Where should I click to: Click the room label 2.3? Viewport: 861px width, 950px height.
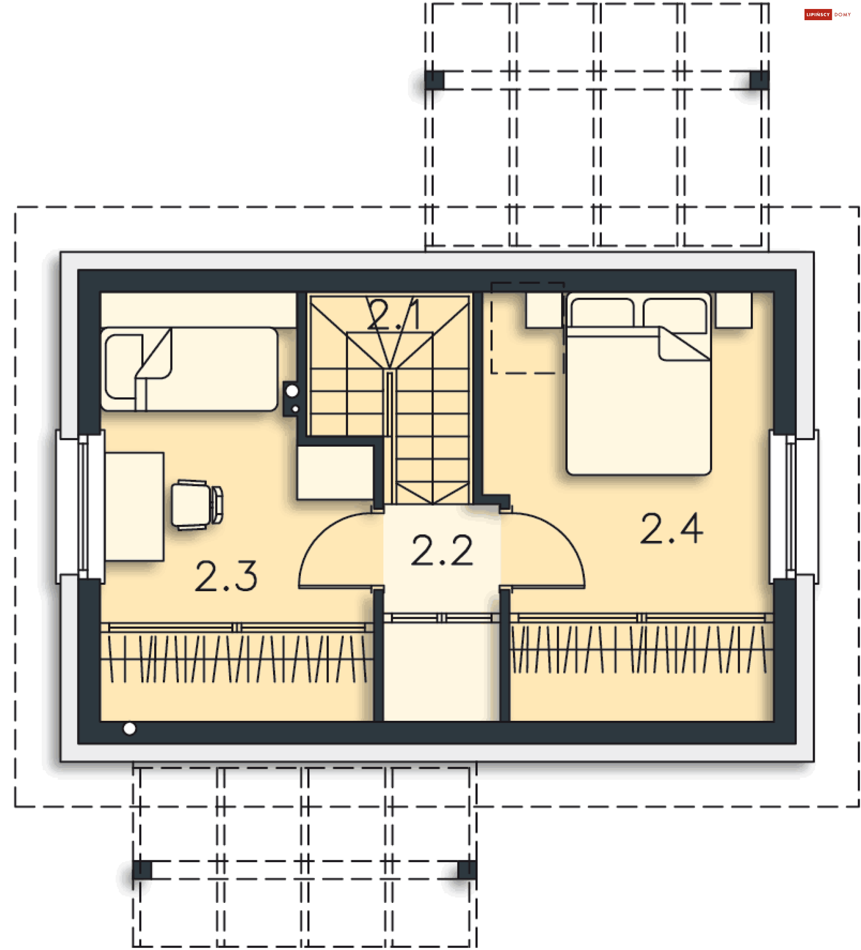click(x=226, y=576)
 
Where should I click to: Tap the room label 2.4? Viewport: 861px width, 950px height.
click(x=672, y=529)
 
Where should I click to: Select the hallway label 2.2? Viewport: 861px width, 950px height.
click(x=442, y=550)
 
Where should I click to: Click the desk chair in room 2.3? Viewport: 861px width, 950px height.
click(x=197, y=505)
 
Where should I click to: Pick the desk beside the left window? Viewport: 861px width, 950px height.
click(x=135, y=506)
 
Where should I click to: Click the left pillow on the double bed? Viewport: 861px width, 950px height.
click(x=602, y=313)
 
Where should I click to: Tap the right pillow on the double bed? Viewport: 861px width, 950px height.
click(x=674, y=315)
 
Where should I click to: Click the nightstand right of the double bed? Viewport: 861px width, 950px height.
click(x=734, y=309)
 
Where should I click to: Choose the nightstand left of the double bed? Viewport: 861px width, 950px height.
click(x=544, y=309)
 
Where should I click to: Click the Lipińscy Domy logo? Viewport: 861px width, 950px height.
click(x=827, y=15)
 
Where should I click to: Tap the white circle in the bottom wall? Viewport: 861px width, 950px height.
click(x=130, y=729)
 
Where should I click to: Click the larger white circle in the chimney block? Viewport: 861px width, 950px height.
click(x=292, y=391)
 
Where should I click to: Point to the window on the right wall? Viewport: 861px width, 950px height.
click(x=794, y=506)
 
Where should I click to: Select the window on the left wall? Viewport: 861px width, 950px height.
click(x=81, y=506)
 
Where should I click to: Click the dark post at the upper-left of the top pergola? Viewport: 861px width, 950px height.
click(x=434, y=81)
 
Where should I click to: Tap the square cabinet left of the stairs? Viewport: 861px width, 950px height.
click(x=335, y=473)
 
